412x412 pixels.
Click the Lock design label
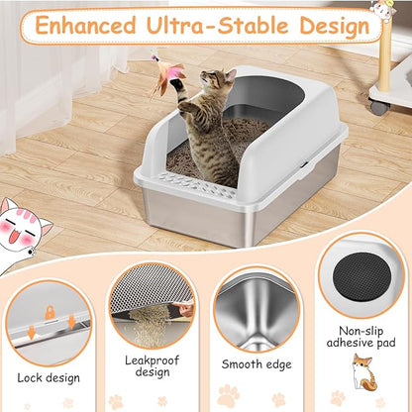pos(49,378)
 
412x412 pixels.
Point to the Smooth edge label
pos(257,364)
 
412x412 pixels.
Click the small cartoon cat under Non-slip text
pos(362,374)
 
